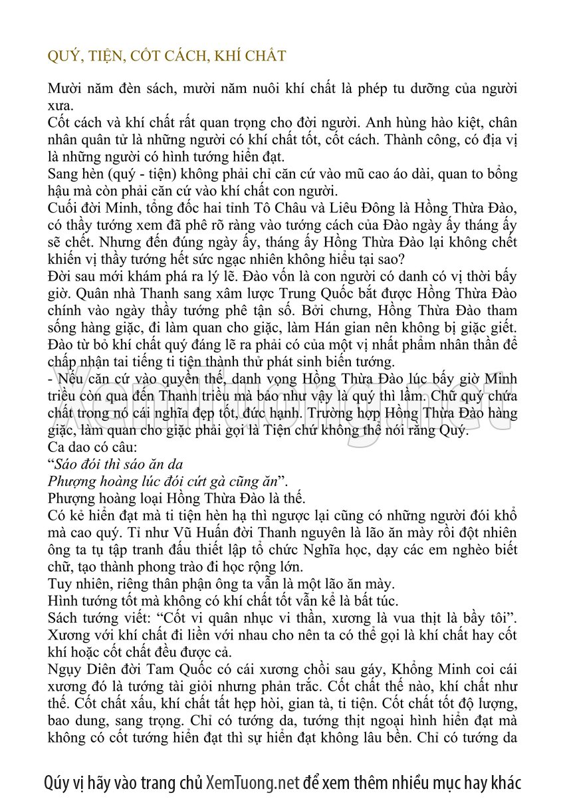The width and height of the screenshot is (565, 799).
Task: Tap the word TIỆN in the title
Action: click(101, 56)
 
